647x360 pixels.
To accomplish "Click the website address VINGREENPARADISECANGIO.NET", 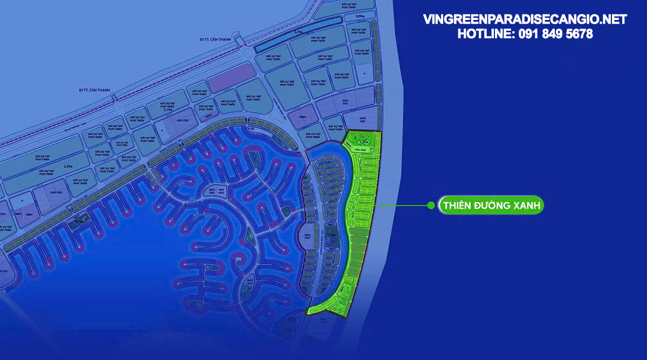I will (x=525, y=19).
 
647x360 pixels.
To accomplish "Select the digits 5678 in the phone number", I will (x=579, y=33).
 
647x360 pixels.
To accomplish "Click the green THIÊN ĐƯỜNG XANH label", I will (x=491, y=205).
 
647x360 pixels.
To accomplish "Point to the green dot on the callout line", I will (x=431, y=205).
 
